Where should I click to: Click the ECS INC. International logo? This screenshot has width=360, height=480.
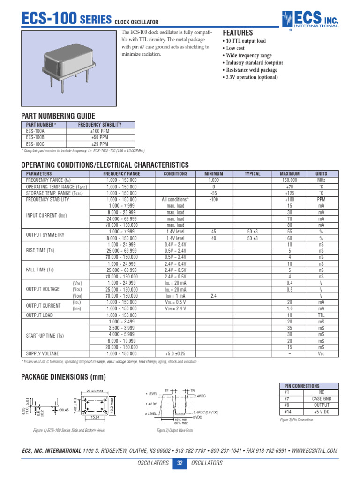click(x=310, y=19)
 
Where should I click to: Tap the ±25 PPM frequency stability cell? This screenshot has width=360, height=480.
click(x=99, y=144)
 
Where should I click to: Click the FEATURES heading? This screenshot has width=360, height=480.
click(x=238, y=33)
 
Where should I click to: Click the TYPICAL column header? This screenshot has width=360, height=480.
click(x=252, y=174)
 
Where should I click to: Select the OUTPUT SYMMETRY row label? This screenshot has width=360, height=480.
click(x=45, y=235)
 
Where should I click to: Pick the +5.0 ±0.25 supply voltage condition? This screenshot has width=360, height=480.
click(x=175, y=353)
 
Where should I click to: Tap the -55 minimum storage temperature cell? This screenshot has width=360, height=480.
click(x=214, y=193)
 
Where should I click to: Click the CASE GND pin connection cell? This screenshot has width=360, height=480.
click(x=321, y=398)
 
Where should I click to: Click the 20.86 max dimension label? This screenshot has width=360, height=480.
click(x=94, y=391)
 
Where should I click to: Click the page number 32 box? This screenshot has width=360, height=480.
click(x=180, y=463)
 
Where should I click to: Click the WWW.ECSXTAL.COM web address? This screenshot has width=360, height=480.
click(x=314, y=451)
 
